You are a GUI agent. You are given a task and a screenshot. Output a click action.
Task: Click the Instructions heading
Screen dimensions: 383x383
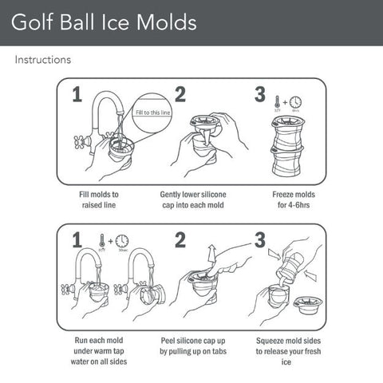click(x=42, y=60)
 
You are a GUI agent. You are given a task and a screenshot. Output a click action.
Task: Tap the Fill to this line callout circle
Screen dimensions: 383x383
click(x=151, y=113)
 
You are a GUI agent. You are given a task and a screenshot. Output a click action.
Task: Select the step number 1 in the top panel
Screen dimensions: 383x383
click(x=77, y=95)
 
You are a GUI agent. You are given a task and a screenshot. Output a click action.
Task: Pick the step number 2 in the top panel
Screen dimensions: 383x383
click(x=180, y=95)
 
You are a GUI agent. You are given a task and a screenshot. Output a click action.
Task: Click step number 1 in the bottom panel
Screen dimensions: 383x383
click(x=77, y=239)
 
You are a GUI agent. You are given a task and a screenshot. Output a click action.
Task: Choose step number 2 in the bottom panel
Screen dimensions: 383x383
click(x=180, y=239)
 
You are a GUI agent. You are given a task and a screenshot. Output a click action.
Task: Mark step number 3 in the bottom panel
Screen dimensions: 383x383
click(x=259, y=239)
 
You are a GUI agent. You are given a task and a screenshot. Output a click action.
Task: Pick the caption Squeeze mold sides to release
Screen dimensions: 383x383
click(x=290, y=345)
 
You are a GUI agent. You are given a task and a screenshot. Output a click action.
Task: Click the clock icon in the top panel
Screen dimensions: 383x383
click(x=295, y=102)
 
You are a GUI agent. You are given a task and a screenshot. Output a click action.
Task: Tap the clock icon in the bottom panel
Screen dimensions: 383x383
click(x=122, y=241)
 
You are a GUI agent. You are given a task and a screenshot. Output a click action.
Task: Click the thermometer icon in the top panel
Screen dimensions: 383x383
click(x=276, y=101)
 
